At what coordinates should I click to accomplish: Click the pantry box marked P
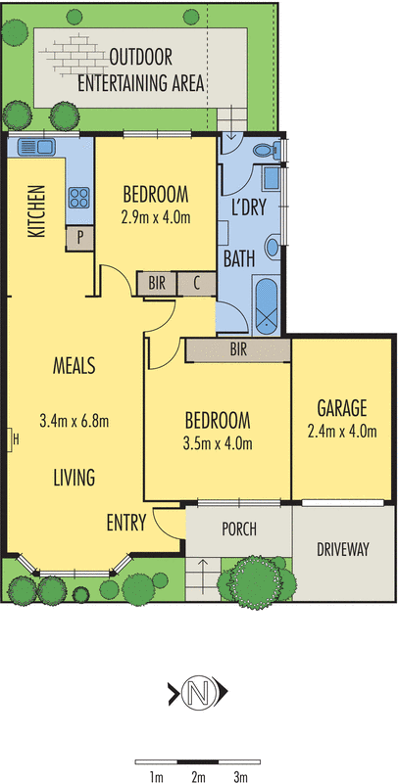pyautogui.click(x=78, y=236)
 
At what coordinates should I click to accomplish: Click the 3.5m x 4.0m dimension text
pyautogui.click(x=219, y=442)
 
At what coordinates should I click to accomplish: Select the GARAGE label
pyautogui.click(x=341, y=407)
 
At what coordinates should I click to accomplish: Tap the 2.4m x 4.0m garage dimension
pyautogui.click(x=341, y=430)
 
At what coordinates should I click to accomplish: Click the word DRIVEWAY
pyautogui.click(x=343, y=550)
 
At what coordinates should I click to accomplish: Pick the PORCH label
pyautogui.click(x=238, y=530)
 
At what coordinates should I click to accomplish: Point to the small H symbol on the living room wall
pyautogui.click(x=14, y=439)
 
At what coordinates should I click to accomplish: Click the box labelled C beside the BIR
pyautogui.click(x=197, y=284)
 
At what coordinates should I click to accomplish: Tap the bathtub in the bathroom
pyautogui.click(x=266, y=304)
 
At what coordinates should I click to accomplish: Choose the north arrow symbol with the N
pyautogui.click(x=199, y=694)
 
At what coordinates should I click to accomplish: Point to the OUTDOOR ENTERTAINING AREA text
pyautogui.click(x=157, y=70)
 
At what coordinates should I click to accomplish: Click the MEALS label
pyautogui.click(x=74, y=366)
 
